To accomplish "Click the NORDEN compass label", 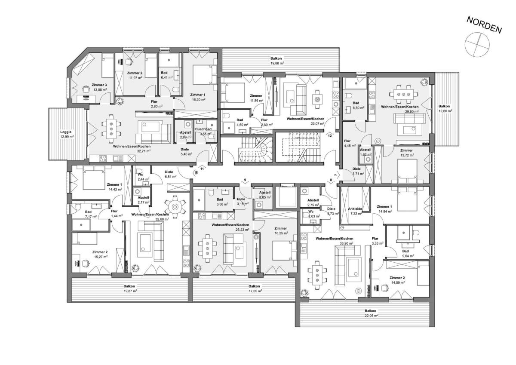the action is [x=484, y=28].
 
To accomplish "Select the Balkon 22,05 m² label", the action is [x=370, y=313].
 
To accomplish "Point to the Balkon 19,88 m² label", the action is [x=276, y=61].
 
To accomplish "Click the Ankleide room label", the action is [x=355, y=209].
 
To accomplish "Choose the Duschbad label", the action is [x=203, y=129].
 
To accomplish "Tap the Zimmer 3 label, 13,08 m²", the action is [x=99, y=87].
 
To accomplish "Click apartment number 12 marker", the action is [x=330, y=135].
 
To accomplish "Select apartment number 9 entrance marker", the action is [x=245, y=180].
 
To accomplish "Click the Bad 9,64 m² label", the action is [x=405, y=253].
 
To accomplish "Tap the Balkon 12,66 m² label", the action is [x=444, y=108].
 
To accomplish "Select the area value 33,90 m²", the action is [x=347, y=243].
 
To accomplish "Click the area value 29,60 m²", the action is [x=412, y=111].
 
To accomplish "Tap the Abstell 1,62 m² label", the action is [x=365, y=152].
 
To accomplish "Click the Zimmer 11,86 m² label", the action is [x=256, y=98].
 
